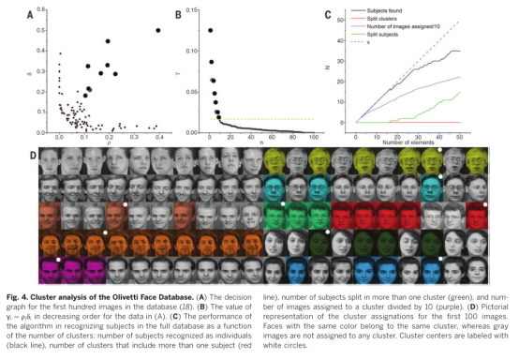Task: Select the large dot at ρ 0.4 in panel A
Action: point(158,30)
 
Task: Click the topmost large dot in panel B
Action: point(210,30)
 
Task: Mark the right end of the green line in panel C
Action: point(459,92)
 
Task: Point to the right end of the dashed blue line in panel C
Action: point(459,21)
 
